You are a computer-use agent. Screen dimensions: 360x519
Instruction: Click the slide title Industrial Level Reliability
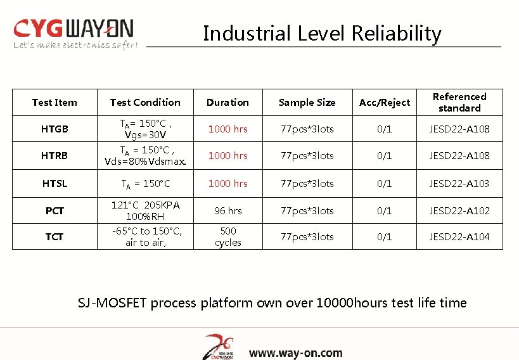(x=322, y=34)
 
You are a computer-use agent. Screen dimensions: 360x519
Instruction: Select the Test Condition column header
(x=145, y=102)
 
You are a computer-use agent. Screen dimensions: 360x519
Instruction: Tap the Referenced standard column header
(x=459, y=102)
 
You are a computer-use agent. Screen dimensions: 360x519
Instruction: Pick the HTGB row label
(x=54, y=129)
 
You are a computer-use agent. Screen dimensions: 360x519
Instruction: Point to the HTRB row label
(x=54, y=155)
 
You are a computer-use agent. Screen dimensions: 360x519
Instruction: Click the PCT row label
(x=54, y=210)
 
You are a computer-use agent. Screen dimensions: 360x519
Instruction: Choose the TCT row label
(x=54, y=236)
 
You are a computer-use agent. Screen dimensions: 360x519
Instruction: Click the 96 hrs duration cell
(x=228, y=210)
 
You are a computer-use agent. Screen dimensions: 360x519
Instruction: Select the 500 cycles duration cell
(x=228, y=236)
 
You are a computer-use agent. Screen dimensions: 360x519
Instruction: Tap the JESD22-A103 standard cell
(x=459, y=183)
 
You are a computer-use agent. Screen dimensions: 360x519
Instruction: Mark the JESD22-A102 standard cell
(x=459, y=210)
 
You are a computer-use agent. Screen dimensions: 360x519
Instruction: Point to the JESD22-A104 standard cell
(x=459, y=236)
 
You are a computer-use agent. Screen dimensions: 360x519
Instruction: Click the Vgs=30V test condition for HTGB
(x=145, y=134)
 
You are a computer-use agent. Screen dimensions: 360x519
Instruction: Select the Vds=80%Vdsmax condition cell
(x=145, y=160)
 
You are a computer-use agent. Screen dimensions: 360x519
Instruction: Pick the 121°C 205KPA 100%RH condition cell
(x=145, y=210)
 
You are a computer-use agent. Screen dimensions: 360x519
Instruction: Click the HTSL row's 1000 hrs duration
(x=228, y=183)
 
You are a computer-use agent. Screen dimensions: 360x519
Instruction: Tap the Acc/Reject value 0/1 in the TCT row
(x=385, y=236)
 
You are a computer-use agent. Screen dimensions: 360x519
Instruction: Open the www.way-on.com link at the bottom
(x=295, y=353)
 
